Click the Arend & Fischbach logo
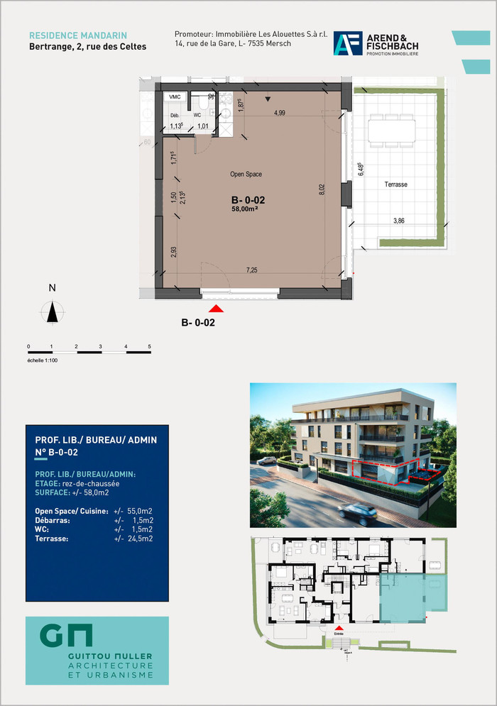(376, 44)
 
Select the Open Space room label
(246, 174)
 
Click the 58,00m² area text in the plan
(245, 209)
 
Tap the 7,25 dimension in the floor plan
(251, 270)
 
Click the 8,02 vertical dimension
(322, 189)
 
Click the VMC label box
(174, 97)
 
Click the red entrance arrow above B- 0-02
(217, 308)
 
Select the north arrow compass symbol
(52, 311)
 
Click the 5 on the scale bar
(150, 346)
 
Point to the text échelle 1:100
(43, 360)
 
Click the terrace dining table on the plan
(391, 131)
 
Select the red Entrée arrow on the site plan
(339, 628)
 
